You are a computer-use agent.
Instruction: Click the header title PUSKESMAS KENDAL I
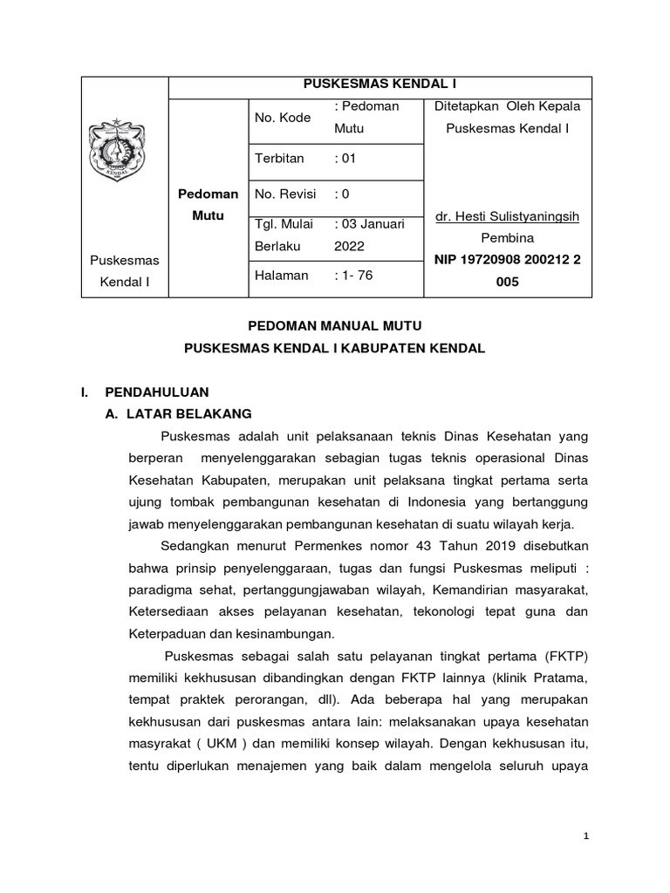379,85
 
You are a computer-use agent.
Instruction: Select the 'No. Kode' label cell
282,117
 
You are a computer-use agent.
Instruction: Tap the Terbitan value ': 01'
345,159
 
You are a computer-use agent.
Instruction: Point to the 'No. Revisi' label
284,194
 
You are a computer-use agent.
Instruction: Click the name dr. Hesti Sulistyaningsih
507,215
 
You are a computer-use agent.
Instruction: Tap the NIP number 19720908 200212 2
507,260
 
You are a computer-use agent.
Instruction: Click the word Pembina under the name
507,237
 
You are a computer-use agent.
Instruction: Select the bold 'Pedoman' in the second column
208,194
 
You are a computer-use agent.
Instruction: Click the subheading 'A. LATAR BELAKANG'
178,413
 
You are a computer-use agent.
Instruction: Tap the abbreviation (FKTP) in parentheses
567,658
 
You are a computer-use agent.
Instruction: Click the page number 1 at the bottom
587,836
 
